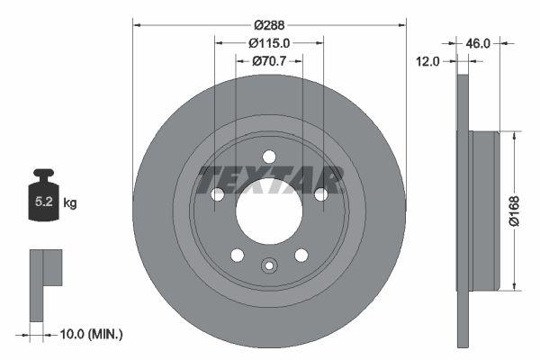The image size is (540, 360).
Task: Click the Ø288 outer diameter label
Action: tap(269, 26)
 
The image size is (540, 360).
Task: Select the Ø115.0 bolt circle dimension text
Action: tap(269, 43)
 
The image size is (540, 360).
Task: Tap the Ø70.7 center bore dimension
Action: tap(269, 60)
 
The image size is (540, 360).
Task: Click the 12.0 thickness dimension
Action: tap(427, 61)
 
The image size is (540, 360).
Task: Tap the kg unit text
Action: tap(70, 203)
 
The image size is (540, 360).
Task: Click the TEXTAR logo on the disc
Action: tap(270, 179)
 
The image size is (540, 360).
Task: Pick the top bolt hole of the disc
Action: tap(269, 157)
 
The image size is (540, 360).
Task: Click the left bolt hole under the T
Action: tap(217, 194)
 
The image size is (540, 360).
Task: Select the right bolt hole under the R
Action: tap(320, 194)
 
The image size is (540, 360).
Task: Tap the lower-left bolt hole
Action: tap(237, 255)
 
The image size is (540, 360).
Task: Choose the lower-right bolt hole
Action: tap(301, 255)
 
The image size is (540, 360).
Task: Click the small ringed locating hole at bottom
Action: tap(268, 265)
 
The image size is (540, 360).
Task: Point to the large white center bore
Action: tap(269, 211)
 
